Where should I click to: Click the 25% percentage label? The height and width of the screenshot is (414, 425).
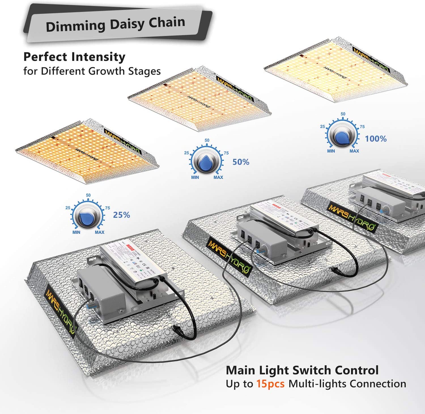pyautogui.click(x=122, y=215)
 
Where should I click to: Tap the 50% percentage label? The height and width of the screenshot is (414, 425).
pyautogui.click(x=241, y=162)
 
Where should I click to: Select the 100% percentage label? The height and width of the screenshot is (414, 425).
pyautogui.click(x=376, y=139)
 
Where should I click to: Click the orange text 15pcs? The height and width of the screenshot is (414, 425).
pyautogui.click(x=270, y=384)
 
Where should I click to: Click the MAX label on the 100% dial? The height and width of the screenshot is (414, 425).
pyautogui.click(x=354, y=151)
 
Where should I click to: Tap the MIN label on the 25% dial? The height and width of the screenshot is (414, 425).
pyautogui.click(x=76, y=232)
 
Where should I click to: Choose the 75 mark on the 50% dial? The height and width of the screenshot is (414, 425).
pyautogui.click(x=226, y=153)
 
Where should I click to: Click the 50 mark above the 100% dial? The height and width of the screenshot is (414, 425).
pyautogui.click(x=343, y=114)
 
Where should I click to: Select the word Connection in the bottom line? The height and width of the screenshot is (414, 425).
pyautogui.click(x=378, y=384)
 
